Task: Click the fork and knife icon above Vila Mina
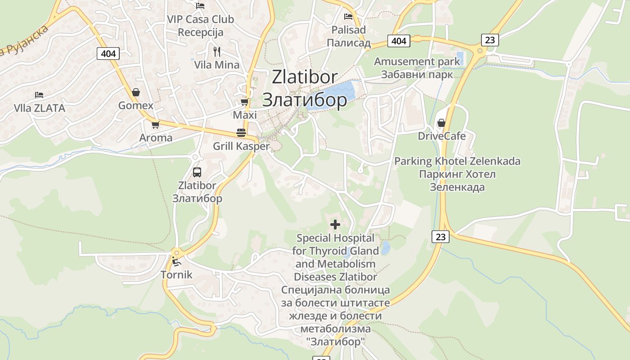(217, 52)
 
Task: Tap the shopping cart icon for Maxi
(244, 102)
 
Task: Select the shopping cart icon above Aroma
(155, 125)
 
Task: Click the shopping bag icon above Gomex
(135, 92)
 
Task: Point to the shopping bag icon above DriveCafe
(441, 123)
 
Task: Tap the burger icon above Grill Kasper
(241, 133)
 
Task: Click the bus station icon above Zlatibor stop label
(197, 172)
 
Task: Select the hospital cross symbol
(335, 224)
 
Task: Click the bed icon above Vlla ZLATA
(39, 95)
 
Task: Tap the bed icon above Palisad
(348, 17)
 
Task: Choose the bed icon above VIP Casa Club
(200, 5)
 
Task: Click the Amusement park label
(417, 61)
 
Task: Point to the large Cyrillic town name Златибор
(305, 99)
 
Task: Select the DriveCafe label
(441, 136)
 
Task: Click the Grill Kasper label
(241, 146)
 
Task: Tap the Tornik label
(176, 274)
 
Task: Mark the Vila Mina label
(217, 65)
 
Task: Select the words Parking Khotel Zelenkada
(457, 161)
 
